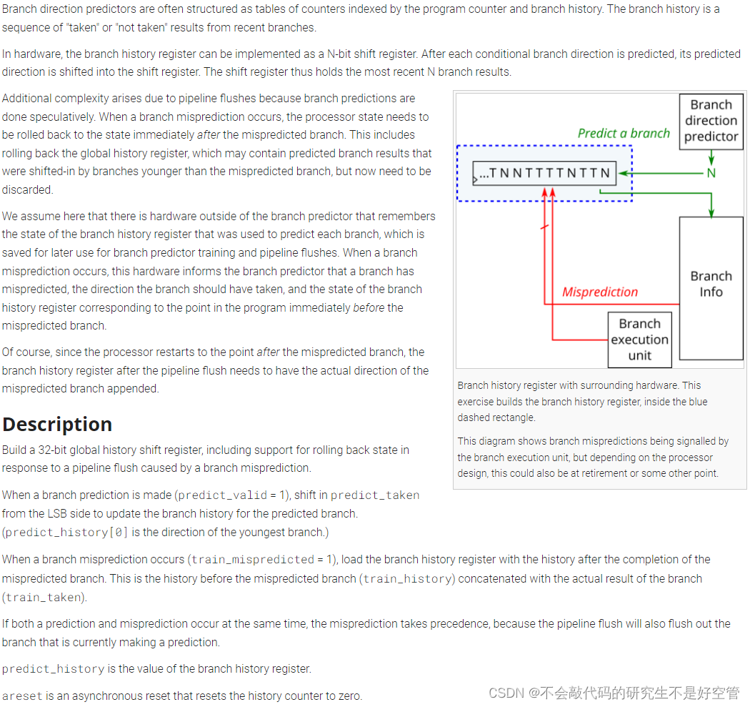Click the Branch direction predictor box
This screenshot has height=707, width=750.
(x=711, y=120)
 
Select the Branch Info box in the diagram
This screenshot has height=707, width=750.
(x=711, y=285)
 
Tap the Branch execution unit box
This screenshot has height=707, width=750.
(x=639, y=340)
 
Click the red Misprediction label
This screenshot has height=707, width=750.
(x=599, y=292)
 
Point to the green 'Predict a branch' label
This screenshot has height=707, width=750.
(x=624, y=133)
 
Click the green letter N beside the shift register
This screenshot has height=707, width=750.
(x=711, y=173)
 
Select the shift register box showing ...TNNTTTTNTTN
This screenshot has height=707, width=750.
(x=544, y=173)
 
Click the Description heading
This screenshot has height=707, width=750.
(x=57, y=424)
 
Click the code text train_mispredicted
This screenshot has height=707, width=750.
(x=253, y=560)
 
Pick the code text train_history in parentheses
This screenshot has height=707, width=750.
(x=408, y=579)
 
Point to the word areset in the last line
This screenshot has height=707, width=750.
(x=22, y=696)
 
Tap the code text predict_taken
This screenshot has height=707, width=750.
(x=375, y=495)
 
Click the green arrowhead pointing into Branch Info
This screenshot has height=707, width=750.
(x=711, y=213)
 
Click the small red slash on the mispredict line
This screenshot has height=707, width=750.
(x=544, y=227)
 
